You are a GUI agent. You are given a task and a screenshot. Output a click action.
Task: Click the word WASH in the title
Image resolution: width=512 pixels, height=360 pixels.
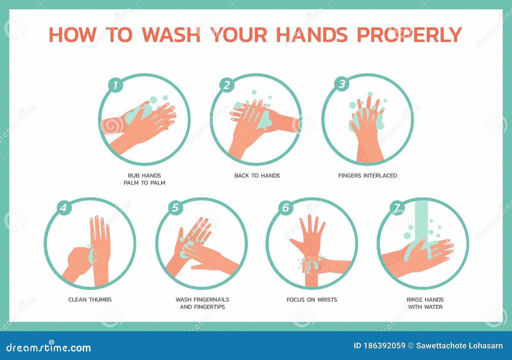coord(171,35)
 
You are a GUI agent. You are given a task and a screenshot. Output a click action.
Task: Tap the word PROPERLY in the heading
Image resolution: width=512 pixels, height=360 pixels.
coord(409,35)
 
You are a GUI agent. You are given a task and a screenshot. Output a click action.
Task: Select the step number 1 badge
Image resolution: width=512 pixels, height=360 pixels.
coord(116,85)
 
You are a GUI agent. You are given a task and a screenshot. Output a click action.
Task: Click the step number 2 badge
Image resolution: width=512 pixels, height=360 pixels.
coord(227,85)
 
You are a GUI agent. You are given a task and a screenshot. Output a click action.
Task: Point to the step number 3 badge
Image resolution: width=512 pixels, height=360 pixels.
coord(342,84)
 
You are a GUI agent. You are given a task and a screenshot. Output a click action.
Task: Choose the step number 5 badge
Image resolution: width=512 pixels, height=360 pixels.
coord(175,208)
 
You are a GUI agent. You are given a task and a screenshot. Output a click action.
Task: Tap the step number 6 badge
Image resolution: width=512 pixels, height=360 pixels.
coord(286,208)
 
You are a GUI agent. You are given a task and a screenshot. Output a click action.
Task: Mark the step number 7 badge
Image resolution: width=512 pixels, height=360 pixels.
coord(397,208)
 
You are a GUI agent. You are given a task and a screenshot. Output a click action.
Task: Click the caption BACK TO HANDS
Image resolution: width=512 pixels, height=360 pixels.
coord(257,176)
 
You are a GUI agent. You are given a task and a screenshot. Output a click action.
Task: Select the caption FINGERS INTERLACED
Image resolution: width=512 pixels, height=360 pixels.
coord(368,176)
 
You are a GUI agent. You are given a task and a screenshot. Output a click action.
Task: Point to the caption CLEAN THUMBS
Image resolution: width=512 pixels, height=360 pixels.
coord(90,300)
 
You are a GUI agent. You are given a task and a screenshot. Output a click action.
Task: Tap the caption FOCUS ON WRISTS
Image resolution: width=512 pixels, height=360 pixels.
coord(312,300)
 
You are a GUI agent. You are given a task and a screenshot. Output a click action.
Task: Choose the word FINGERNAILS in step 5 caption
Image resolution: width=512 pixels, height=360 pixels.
coord(211,300)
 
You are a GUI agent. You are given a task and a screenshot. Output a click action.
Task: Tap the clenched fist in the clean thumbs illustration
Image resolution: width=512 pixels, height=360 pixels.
coord(79,260)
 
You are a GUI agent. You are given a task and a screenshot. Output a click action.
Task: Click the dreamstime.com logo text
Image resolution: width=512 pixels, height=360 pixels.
coord(48,347)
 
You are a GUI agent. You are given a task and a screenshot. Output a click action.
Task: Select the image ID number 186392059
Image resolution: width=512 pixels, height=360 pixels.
coord(384,346)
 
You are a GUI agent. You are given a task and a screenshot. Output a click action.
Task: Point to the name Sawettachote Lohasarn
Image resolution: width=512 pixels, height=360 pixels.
coord(460,346)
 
